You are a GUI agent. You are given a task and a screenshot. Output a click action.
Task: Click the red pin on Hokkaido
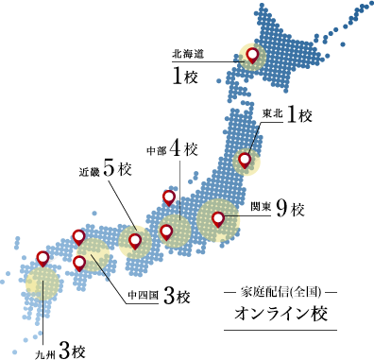pyautogui.click(x=253, y=55)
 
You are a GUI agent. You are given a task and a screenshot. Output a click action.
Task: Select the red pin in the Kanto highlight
pyautogui.click(x=218, y=219)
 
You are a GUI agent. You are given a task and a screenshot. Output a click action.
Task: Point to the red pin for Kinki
pyautogui.click(x=135, y=240)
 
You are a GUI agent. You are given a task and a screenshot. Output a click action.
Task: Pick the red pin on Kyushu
pyautogui.click(x=42, y=258)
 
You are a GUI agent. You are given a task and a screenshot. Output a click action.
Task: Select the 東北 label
pyautogui.click(x=272, y=115)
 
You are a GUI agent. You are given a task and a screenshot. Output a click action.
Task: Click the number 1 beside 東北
pyautogui.click(x=292, y=114)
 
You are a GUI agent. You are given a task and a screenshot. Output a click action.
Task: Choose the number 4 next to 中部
pyautogui.click(x=178, y=149)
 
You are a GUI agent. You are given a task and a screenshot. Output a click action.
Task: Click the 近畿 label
pyautogui.click(x=90, y=172)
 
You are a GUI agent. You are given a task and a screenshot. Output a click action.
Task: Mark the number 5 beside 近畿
pyautogui.click(x=110, y=170)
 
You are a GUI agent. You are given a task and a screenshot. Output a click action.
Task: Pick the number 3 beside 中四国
pyautogui.click(x=169, y=297)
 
